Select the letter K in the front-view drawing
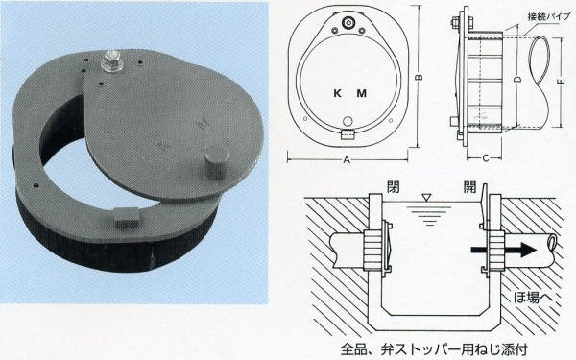(x=335, y=94)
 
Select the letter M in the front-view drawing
(x=361, y=94)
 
